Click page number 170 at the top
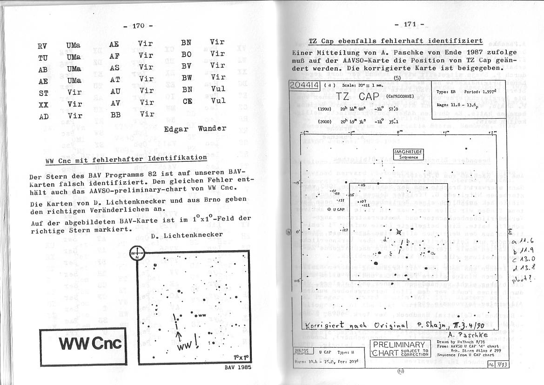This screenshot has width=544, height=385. point(139,26)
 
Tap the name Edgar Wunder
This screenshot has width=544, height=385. point(195,129)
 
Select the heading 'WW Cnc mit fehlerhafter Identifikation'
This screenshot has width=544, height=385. point(126,159)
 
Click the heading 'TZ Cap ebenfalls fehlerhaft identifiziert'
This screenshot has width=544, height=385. point(396,41)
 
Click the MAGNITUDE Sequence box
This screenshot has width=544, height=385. point(409,154)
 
